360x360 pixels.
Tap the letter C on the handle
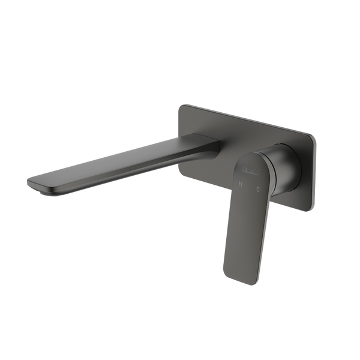tap(259, 191)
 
